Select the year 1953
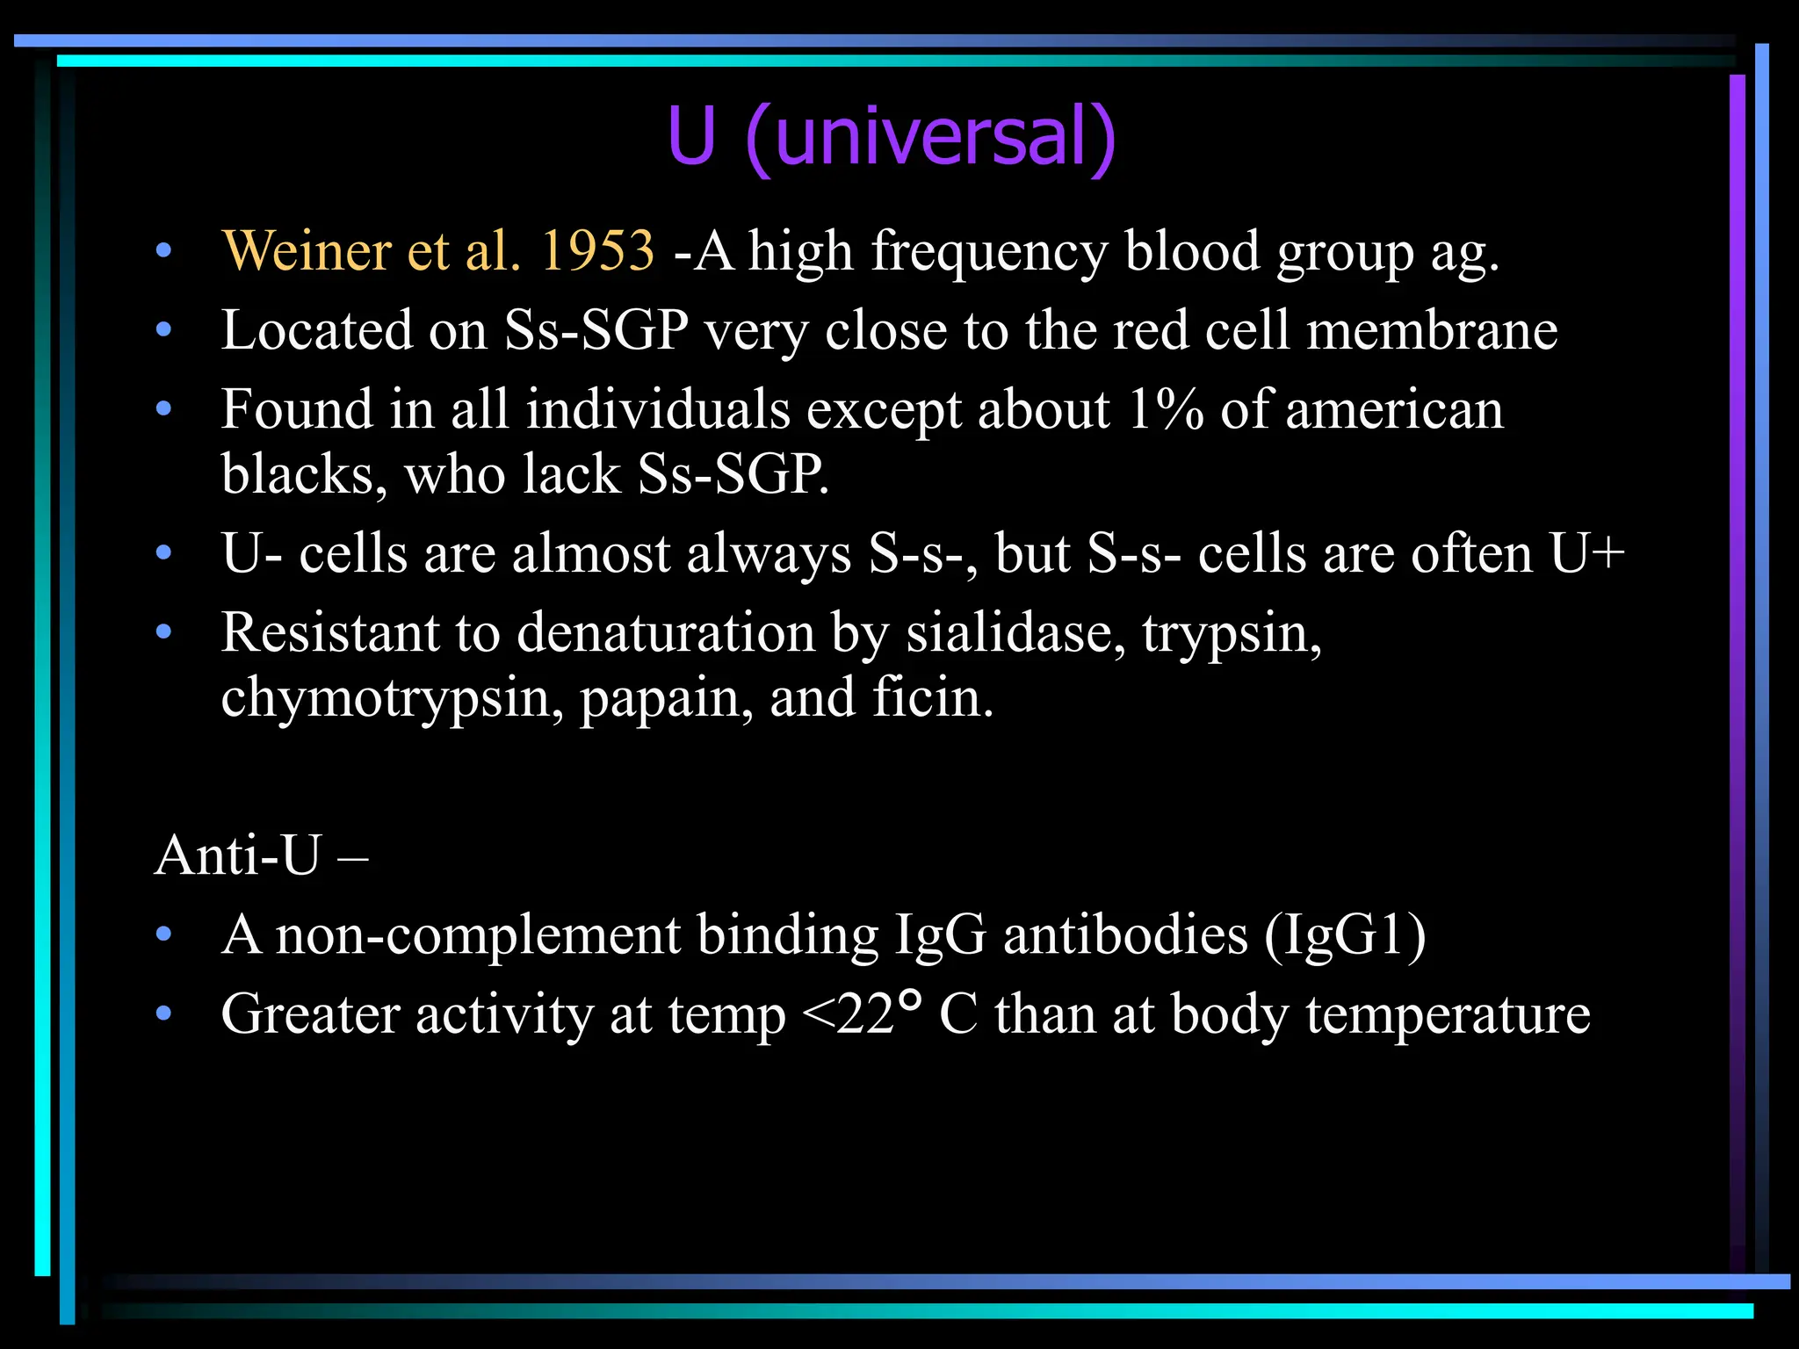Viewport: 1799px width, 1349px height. (x=597, y=251)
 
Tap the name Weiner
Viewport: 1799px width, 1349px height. (x=307, y=251)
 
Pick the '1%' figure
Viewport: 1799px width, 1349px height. (x=1166, y=410)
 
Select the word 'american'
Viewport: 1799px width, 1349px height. (x=1394, y=410)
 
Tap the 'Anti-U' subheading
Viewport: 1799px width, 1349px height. (x=238, y=855)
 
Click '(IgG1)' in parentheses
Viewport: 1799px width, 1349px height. (x=1345, y=934)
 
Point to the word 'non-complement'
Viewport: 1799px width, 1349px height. (x=479, y=934)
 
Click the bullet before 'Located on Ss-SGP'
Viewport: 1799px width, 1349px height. (x=163, y=331)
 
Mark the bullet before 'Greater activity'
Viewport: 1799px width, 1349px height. (x=163, y=1015)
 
